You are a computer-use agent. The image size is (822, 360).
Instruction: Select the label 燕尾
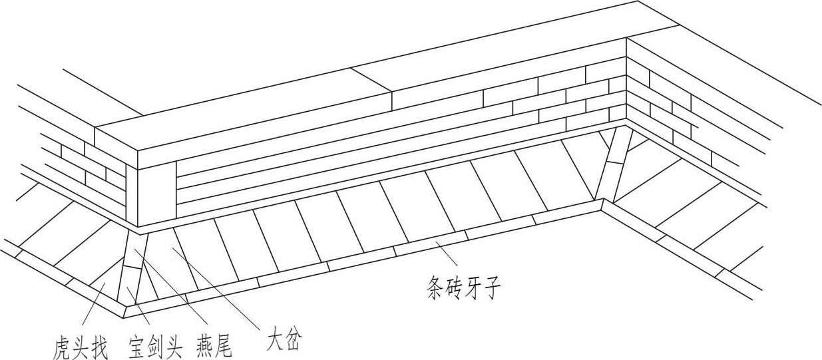(214, 347)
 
